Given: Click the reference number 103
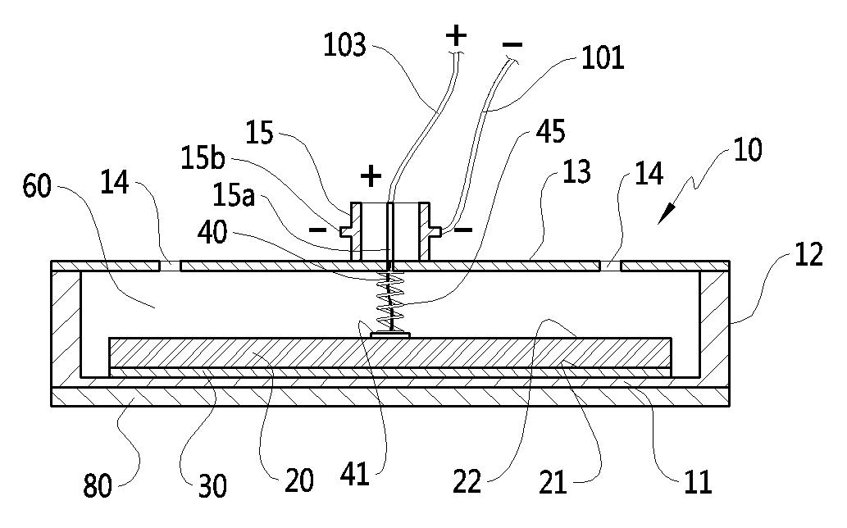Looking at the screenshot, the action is pos(344,44).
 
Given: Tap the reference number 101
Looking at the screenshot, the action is pos(603,57).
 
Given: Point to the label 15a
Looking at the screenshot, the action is pos(234,195).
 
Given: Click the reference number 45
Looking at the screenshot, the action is pos(550,131).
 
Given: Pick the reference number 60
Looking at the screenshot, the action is pos(37,186).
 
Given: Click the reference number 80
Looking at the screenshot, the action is pos(98,485).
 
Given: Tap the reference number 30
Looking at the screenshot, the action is pos(212,485).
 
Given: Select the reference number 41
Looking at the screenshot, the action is pos(354,475).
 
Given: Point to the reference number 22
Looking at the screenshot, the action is pos(467,481).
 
